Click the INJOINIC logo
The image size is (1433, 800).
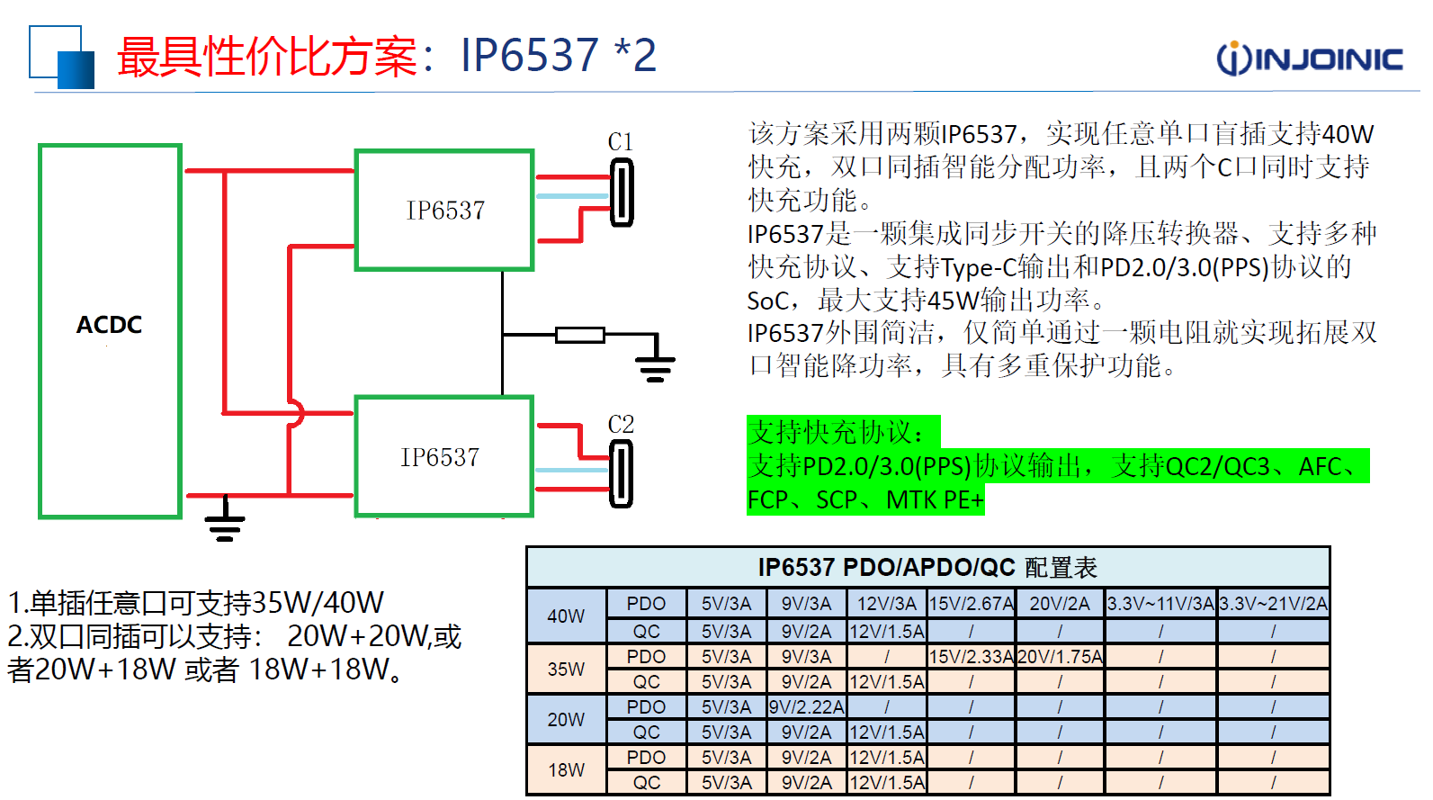tap(1309, 58)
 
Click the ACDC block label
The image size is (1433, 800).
tap(109, 325)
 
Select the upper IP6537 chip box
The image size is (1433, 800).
tap(445, 211)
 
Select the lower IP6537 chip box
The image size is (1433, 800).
tap(443, 457)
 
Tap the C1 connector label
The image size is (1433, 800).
tap(621, 142)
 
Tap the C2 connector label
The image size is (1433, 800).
tap(621, 425)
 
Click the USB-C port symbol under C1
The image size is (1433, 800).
tap(622, 193)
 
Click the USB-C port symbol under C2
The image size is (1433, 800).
tap(621, 475)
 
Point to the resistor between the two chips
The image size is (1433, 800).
tap(579, 336)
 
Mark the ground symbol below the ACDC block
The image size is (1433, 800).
tap(225, 524)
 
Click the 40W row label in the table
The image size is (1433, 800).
tap(566, 616)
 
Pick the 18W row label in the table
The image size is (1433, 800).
tap(566, 770)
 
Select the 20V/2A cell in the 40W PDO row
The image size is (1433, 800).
tap(1059, 604)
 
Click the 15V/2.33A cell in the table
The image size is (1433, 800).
tap(971, 657)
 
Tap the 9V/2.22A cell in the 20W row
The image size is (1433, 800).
tap(807, 707)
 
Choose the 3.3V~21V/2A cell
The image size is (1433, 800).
tap(1273, 604)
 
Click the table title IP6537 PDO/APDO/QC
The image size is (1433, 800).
tap(927, 568)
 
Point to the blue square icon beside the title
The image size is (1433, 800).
tap(62, 57)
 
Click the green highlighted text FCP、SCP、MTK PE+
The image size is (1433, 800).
tap(865, 499)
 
